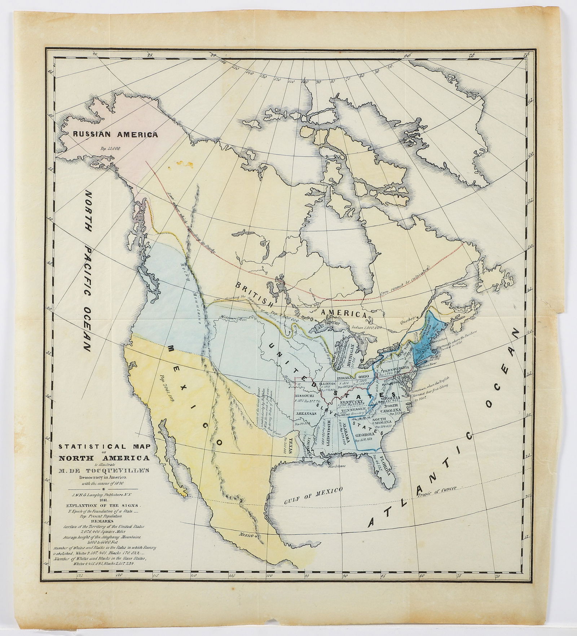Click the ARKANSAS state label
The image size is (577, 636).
[x=306, y=414]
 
